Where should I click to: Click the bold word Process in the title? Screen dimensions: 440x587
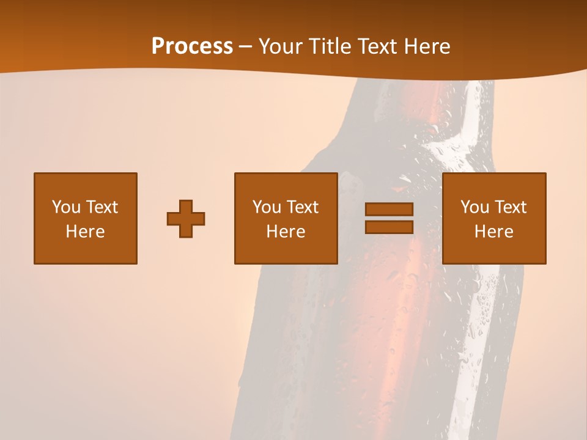click(192, 46)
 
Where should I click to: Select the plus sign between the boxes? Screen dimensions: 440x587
click(186, 218)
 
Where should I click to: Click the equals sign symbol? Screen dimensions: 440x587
click(389, 218)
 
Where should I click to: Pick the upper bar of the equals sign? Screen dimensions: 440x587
click(389, 209)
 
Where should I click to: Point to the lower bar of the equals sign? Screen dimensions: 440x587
click(389, 227)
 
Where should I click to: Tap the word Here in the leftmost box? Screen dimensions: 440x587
click(86, 232)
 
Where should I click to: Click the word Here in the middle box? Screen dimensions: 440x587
click(286, 232)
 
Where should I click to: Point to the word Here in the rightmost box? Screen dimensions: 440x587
click(494, 232)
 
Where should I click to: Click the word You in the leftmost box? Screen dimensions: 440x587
click(65, 207)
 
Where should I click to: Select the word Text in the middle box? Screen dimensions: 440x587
click(302, 207)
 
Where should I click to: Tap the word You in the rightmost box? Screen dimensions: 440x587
click(474, 207)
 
